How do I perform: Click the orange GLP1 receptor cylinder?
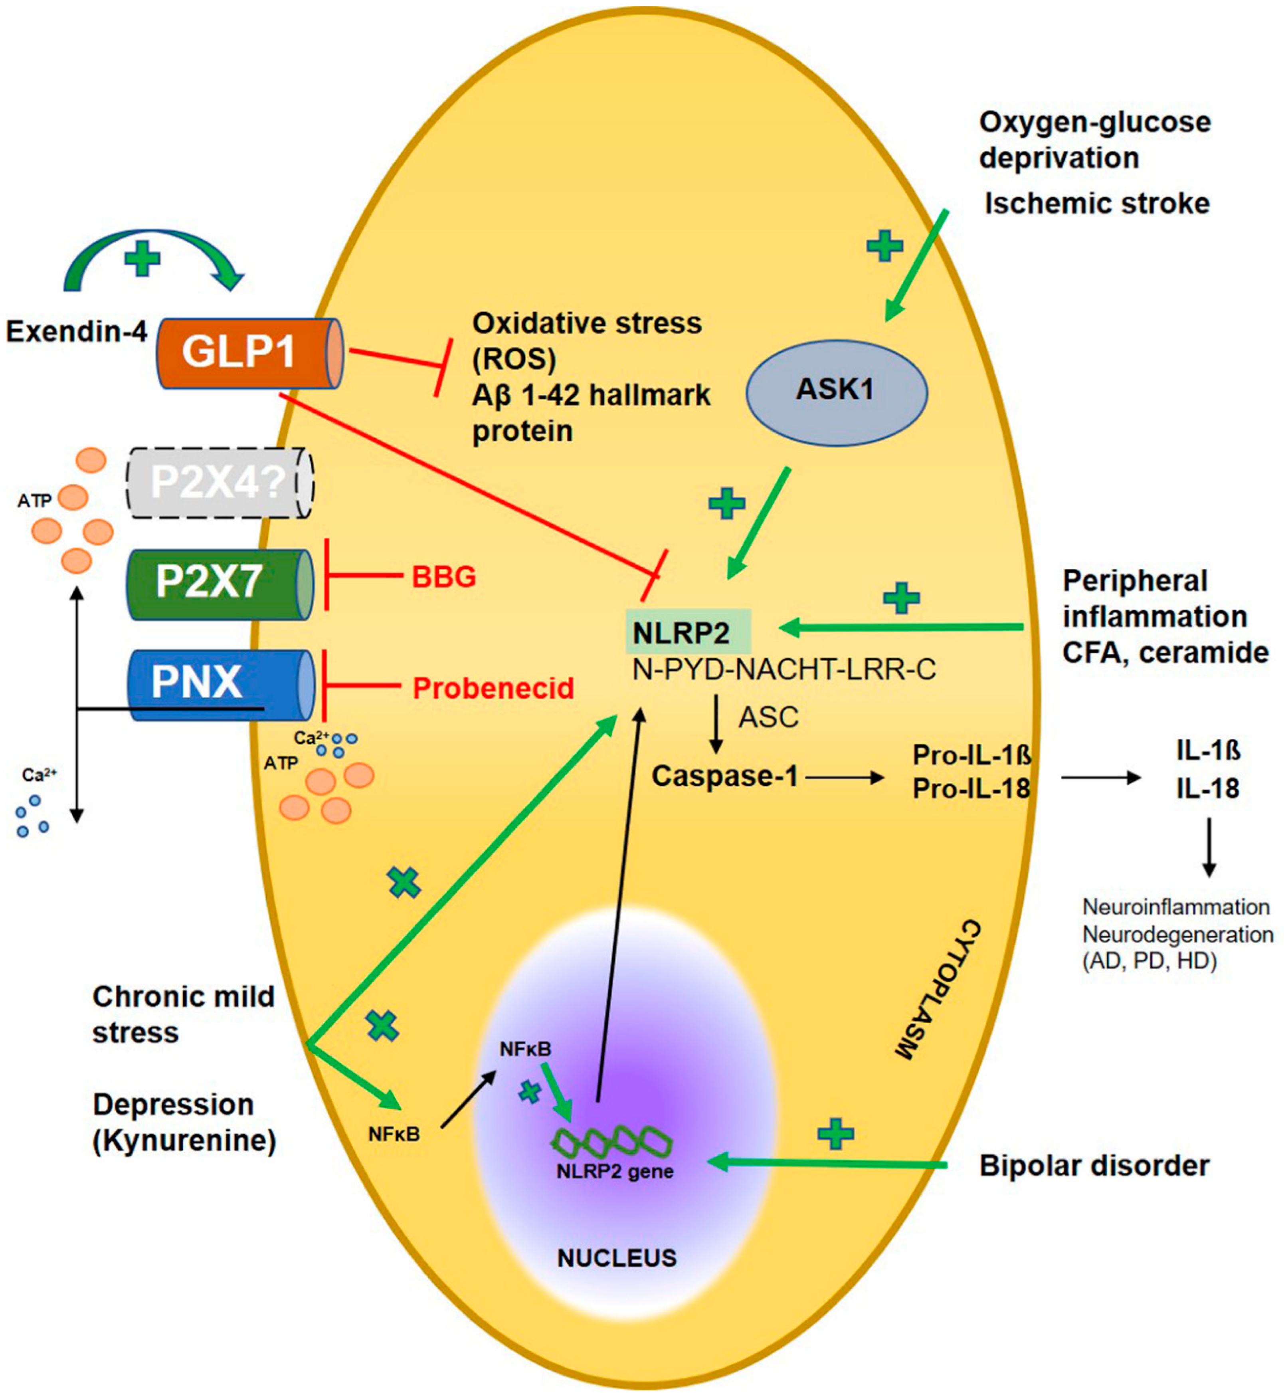click(x=249, y=353)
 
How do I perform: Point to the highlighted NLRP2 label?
click(x=687, y=632)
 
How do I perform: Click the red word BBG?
click(x=444, y=577)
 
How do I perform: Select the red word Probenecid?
click(x=493, y=688)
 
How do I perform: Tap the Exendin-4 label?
click(x=76, y=332)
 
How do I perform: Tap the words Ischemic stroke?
click(x=1096, y=204)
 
